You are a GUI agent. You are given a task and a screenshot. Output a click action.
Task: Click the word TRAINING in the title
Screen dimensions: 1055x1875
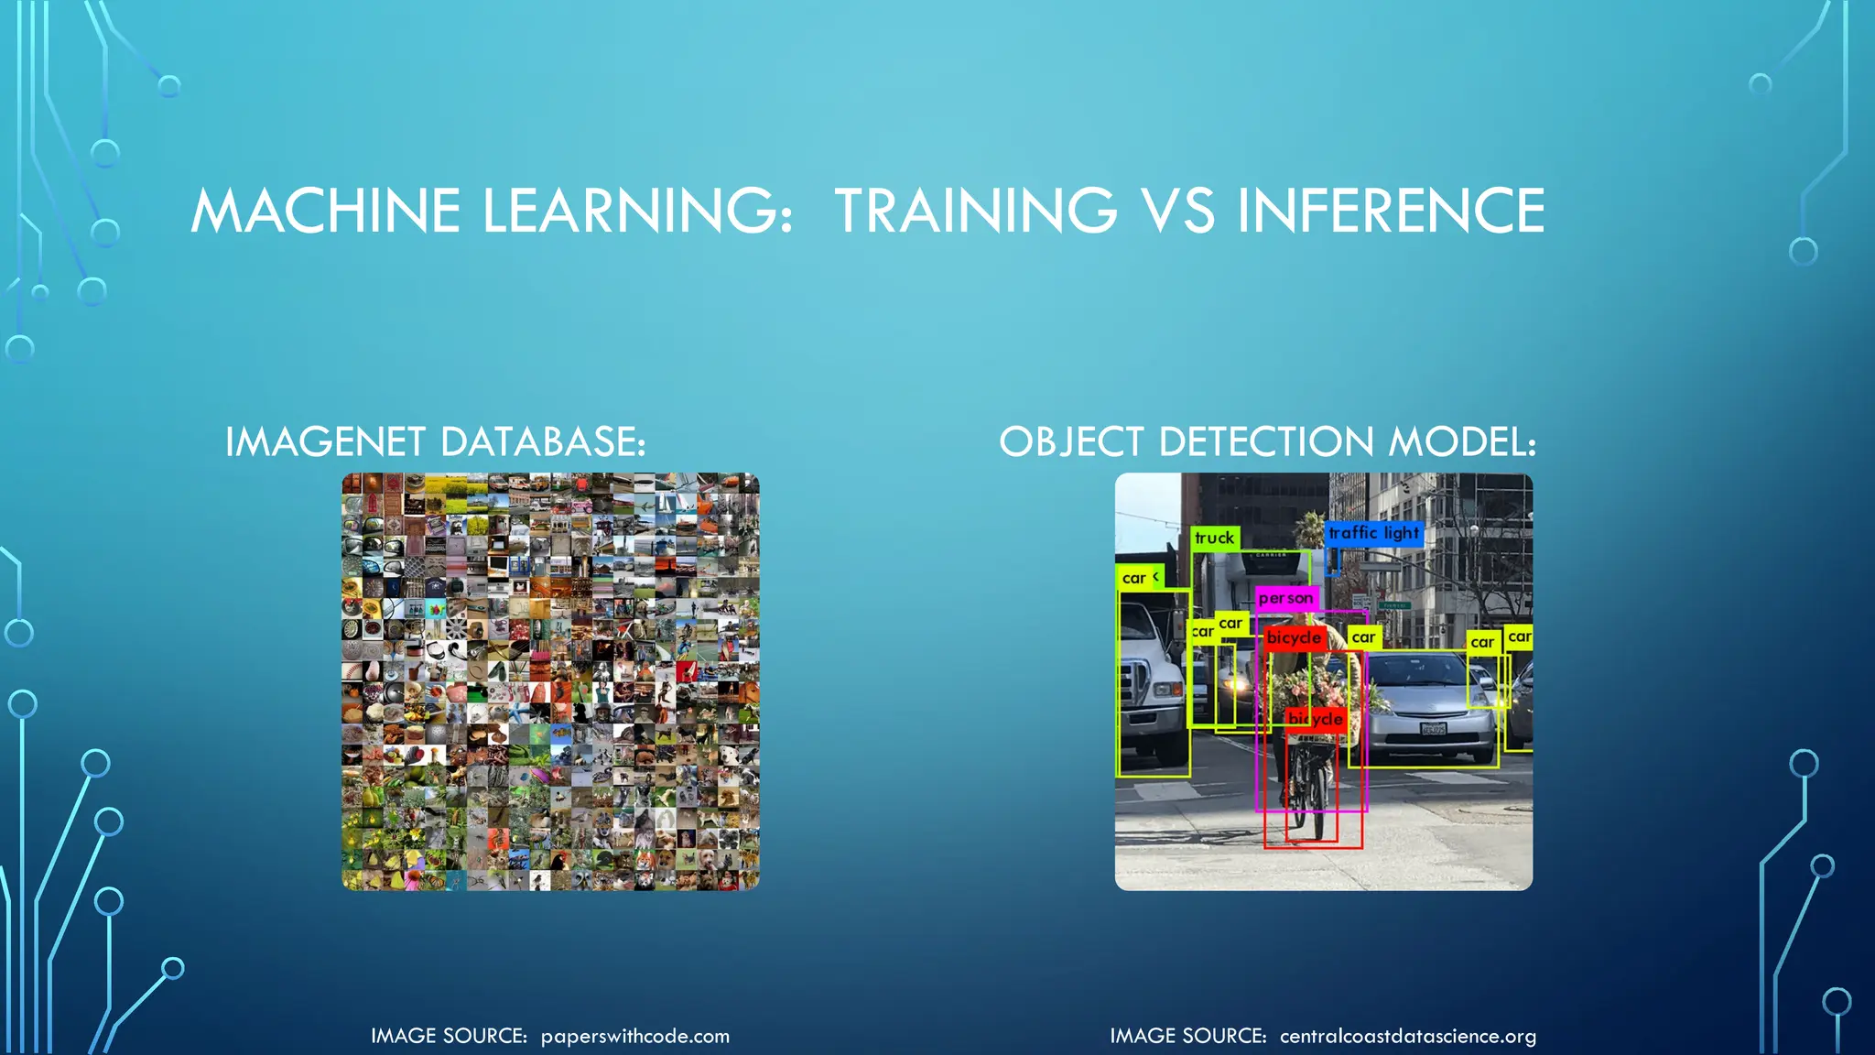coord(975,211)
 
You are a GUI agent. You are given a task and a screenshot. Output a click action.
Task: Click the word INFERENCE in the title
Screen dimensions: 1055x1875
coord(1391,211)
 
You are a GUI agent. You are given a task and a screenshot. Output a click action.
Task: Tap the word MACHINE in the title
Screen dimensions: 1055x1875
coord(325,211)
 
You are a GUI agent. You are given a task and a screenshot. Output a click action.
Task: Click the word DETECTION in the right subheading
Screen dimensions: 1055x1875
coord(1267,442)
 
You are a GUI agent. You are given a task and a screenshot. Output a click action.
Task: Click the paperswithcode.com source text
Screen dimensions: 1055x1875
coord(634,1036)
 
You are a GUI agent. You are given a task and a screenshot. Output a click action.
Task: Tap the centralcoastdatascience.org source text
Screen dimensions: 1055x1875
coord(1407,1036)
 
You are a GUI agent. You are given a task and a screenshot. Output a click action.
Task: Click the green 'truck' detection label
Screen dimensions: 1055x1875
coord(1215,538)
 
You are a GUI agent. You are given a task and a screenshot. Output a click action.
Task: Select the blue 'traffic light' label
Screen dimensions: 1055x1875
coord(1373,533)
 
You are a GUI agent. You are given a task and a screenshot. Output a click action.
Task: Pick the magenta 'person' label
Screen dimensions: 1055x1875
coord(1285,598)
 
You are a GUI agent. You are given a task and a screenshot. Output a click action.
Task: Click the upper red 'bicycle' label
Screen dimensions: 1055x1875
coord(1294,637)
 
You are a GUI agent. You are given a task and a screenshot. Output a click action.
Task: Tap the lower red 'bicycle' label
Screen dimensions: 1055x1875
coord(1316,720)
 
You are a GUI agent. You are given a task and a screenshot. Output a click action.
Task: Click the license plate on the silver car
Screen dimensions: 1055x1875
coord(1433,728)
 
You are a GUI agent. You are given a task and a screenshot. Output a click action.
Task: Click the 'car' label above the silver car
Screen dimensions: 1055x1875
coord(1363,637)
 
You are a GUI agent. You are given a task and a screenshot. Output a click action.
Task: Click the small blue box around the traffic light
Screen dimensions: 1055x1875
coord(1333,561)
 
